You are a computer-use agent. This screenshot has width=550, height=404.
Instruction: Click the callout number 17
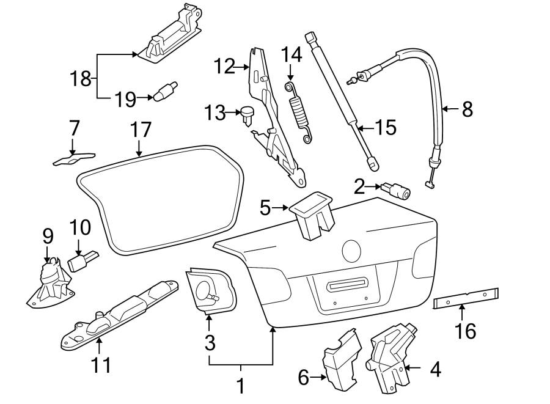point(140,130)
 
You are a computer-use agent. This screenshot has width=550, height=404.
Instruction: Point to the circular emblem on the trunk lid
point(351,250)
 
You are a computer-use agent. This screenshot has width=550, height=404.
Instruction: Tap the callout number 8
point(467,109)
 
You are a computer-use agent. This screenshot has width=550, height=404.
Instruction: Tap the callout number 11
point(101,365)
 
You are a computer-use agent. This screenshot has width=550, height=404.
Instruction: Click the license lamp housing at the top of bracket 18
point(170,35)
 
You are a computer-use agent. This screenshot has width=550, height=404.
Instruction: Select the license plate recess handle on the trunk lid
point(346,285)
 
